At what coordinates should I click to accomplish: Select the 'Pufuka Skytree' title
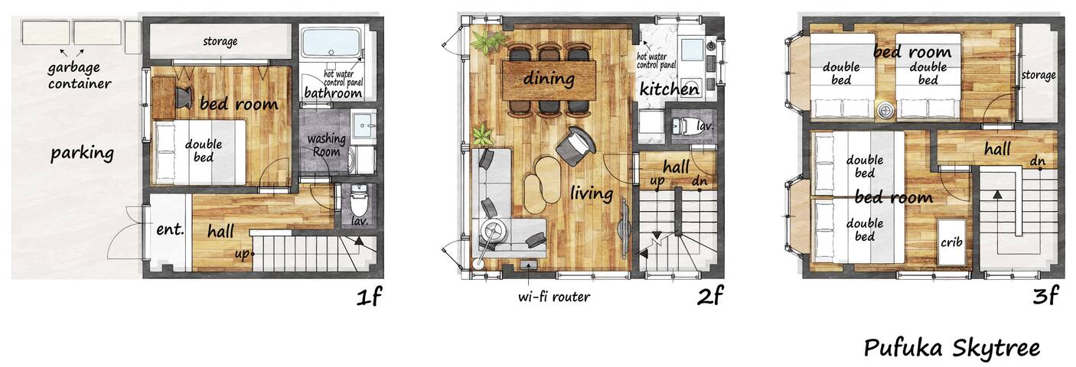pyautogui.click(x=952, y=349)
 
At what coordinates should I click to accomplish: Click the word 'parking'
pyautogui.click(x=82, y=153)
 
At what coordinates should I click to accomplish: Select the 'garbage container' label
pyautogui.click(x=80, y=76)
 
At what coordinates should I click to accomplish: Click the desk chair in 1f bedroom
pyautogui.click(x=184, y=95)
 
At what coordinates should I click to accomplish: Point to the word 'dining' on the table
pyautogui.click(x=549, y=78)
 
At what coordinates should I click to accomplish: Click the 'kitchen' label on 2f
pyautogui.click(x=670, y=89)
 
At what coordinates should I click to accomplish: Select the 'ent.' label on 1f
pyautogui.click(x=170, y=229)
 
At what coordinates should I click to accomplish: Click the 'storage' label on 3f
pyautogui.click(x=1039, y=75)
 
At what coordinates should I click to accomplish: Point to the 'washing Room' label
pyautogui.click(x=327, y=145)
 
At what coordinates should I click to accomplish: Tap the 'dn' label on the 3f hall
pyautogui.click(x=1038, y=161)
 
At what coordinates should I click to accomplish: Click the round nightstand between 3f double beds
pyautogui.click(x=886, y=110)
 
